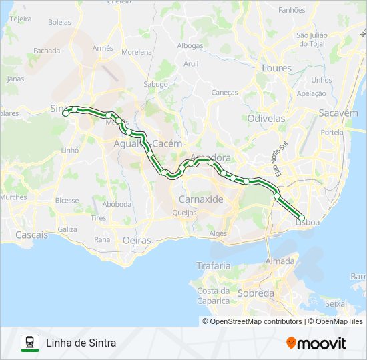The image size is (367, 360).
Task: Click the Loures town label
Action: tap(277, 68)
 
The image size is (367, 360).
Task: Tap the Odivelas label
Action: tap(266, 118)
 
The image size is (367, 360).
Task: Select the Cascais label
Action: tap(31, 235)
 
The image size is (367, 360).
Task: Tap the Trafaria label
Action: tap(213, 265)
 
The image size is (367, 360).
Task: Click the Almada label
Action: tap(280, 261)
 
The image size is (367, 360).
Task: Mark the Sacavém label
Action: tap(338, 113)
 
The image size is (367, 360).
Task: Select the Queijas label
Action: tap(184, 213)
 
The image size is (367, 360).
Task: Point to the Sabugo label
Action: tap(156, 85)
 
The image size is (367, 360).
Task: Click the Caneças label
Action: tap(224, 93)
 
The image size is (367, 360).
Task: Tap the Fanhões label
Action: tap(292, 10)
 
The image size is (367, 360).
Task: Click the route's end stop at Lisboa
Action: tap(301, 218)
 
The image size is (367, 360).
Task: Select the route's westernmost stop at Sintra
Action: tap(65, 113)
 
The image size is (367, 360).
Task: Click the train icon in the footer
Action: tap(30, 343)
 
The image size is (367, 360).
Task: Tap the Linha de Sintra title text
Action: tap(81, 343)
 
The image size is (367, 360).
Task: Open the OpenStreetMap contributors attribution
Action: tap(255, 321)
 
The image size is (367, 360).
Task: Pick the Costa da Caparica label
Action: tap(213, 295)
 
